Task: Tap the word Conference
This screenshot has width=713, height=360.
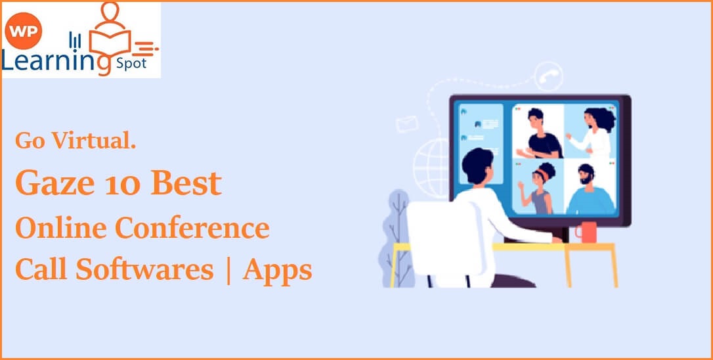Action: (x=192, y=227)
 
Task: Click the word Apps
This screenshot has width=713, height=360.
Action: (x=277, y=270)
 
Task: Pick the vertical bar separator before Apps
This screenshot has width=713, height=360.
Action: (x=228, y=270)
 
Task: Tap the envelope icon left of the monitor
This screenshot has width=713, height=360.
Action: (x=408, y=123)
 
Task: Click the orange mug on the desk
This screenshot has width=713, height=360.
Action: (x=586, y=231)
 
